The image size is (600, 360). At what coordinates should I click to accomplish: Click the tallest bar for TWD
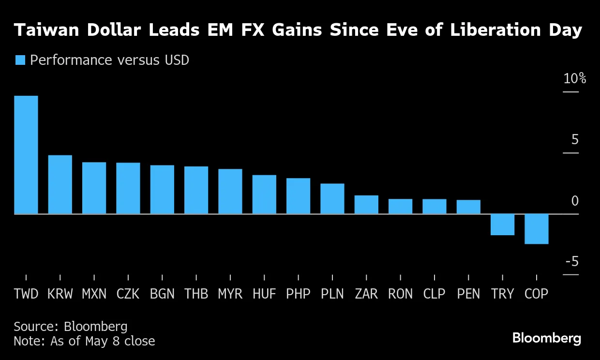pos(26,155)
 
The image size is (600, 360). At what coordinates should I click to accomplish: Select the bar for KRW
pos(60,184)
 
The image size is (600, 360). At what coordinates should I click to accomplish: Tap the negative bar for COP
pos(536,229)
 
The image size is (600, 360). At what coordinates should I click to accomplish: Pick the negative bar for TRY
pos(502,225)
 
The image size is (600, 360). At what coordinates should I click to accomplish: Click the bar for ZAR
pos(366,205)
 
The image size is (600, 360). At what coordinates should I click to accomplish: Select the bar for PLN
pos(332,199)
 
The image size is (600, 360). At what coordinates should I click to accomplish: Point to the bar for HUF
pos(264,195)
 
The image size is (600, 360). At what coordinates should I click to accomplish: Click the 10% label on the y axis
pos(574,79)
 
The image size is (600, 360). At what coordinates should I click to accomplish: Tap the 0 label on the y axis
pos(575,201)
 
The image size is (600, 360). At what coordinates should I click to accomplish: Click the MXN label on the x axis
pos(94,294)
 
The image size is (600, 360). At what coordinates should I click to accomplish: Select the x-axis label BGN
pos(162,294)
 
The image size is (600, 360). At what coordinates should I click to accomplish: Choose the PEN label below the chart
pos(468,294)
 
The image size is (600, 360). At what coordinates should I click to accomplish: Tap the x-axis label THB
pos(196,294)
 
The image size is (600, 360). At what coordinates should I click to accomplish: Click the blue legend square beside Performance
pos(20,60)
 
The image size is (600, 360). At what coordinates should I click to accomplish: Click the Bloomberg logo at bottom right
pos(547,338)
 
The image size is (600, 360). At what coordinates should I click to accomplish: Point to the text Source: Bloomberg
pos(71,327)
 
